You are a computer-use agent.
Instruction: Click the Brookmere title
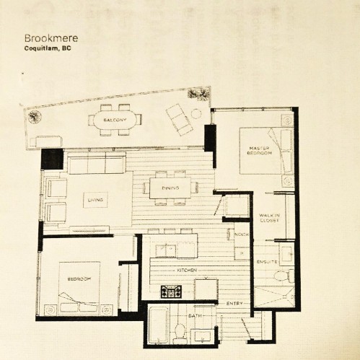[51, 38]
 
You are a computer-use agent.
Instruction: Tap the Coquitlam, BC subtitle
[48, 48]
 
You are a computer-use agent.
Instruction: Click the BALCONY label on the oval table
[115, 120]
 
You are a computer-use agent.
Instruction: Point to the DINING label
[170, 188]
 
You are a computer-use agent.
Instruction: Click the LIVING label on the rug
[95, 200]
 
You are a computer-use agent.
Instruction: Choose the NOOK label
[242, 234]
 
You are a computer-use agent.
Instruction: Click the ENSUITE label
[267, 262]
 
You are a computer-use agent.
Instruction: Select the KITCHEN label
[187, 271]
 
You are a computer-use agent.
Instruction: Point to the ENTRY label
[234, 304]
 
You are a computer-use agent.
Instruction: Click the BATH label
[195, 315]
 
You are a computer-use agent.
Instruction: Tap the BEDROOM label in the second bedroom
[79, 279]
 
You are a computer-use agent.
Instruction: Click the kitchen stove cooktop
[171, 291]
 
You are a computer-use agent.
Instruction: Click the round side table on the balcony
[196, 113]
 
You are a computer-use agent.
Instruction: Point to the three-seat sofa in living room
[97, 163]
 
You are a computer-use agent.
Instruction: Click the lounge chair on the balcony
[180, 119]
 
